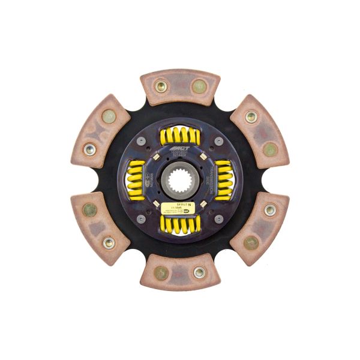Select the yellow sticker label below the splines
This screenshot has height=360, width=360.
[x=178, y=207]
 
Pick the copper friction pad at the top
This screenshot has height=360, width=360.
[x=179, y=88]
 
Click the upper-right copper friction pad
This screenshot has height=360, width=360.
[x=259, y=132]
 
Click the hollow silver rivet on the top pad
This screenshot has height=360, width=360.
[x=160, y=86]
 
